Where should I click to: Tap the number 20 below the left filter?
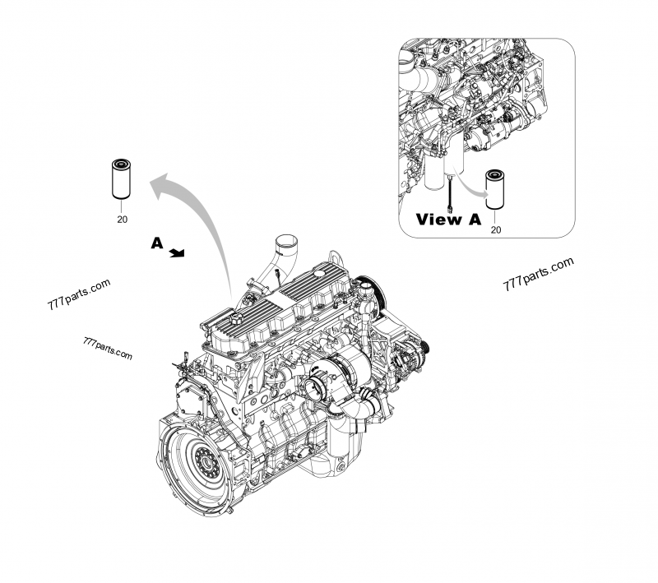coord(122,220)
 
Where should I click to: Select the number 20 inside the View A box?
coord(496,230)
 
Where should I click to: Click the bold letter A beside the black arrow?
coord(157,243)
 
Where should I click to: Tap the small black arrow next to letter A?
coord(176,254)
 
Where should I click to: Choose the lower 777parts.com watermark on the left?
coord(108,349)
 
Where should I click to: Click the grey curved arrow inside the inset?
coord(471,188)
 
